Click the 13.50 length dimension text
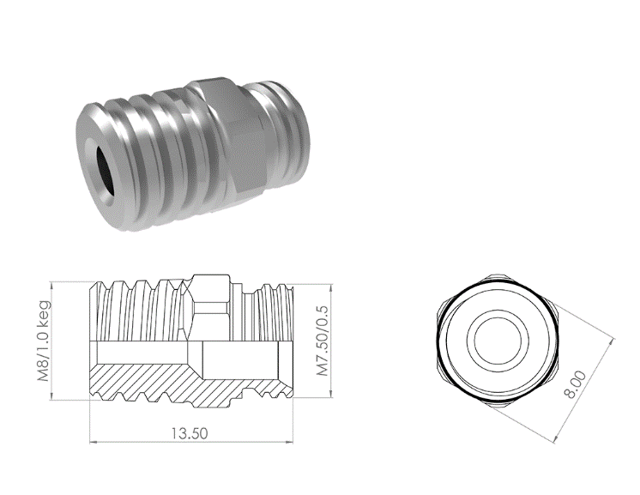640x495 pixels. (x=189, y=433)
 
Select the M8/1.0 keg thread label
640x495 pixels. (x=44, y=341)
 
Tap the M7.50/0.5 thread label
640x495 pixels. (x=323, y=341)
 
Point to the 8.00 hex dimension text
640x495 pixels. (x=574, y=384)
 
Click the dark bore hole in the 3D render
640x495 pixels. (x=105, y=169)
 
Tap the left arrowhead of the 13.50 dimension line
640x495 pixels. (x=94, y=442)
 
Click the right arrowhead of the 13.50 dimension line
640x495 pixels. (x=289, y=442)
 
